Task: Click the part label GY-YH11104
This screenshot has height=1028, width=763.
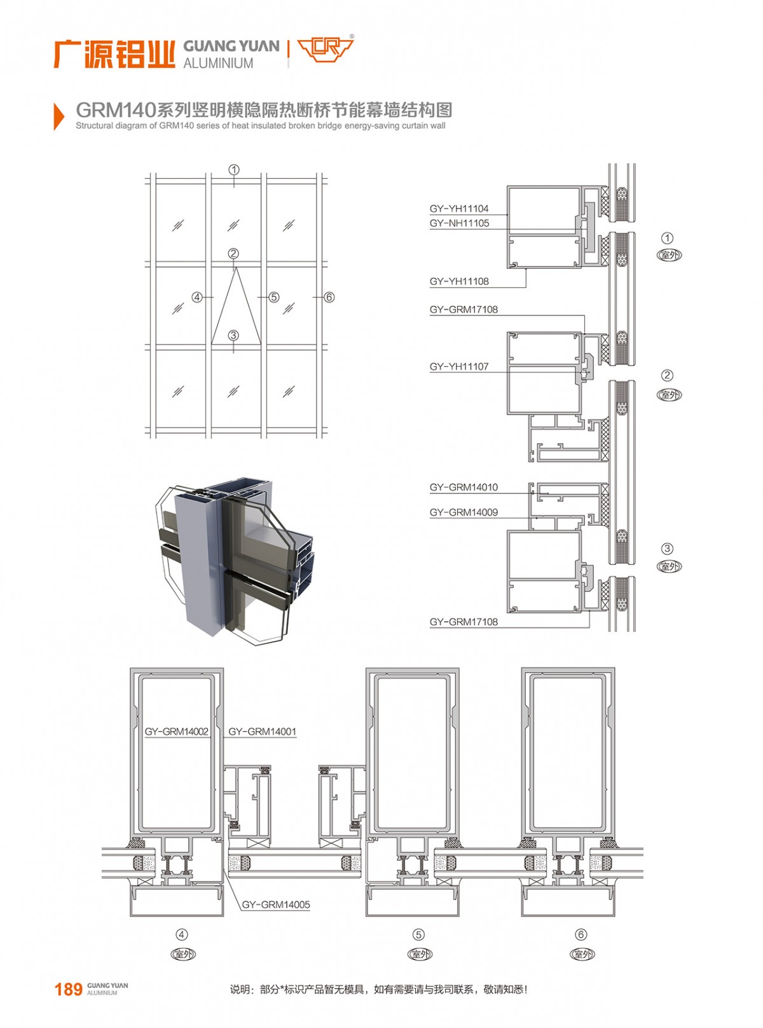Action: click(x=458, y=209)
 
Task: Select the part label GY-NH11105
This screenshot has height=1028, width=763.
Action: click(x=459, y=223)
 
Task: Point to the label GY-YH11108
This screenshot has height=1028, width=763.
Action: click(x=459, y=282)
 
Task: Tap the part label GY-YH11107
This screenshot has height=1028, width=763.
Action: click(x=459, y=367)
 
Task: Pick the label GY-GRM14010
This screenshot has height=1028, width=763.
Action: click(x=464, y=487)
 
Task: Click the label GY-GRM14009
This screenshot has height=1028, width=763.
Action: click(x=464, y=512)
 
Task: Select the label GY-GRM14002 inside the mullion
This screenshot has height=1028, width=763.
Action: click(x=177, y=731)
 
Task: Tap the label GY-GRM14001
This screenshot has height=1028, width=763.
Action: click(x=262, y=731)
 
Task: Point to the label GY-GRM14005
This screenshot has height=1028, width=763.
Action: click(x=276, y=904)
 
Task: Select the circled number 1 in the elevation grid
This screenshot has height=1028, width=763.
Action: click(x=234, y=170)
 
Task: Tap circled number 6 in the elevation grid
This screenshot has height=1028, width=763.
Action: click(x=329, y=297)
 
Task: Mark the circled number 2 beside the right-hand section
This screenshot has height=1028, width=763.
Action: click(x=667, y=375)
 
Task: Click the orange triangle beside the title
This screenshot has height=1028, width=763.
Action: click(x=59, y=116)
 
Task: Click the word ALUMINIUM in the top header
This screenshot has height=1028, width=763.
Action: click(x=218, y=63)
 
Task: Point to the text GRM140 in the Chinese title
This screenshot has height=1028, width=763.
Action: click(x=115, y=111)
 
